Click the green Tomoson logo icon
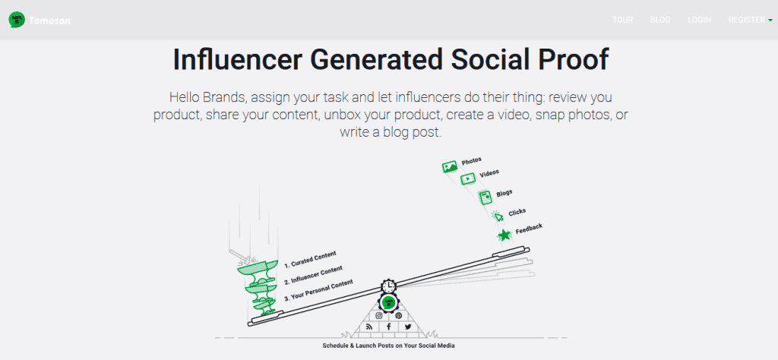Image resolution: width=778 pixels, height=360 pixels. (x=17, y=20)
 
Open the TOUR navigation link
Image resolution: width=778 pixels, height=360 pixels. (x=623, y=20)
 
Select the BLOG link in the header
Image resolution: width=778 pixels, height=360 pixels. (x=660, y=20)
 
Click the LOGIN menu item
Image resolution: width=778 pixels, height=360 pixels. (x=699, y=20)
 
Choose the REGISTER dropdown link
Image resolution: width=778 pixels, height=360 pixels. (x=750, y=20)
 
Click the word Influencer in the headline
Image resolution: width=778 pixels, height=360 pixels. (x=238, y=60)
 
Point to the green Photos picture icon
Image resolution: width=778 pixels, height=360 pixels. (x=450, y=166)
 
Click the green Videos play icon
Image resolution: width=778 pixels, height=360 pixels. (x=467, y=179)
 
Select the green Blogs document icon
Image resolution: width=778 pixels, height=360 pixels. (x=485, y=198)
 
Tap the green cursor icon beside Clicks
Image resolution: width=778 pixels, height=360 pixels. (x=498, y=216)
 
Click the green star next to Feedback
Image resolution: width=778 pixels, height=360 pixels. (x=505, y=235)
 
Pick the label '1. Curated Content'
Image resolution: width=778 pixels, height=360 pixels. (x=310, y=259)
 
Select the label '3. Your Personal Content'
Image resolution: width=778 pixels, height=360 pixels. (x=318, y=291)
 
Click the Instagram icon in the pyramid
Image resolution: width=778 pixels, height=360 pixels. (x=378, y=315)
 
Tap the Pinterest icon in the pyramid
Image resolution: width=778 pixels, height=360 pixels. (x=398, y=315)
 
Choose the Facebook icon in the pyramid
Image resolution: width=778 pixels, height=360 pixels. (x=388, y=327)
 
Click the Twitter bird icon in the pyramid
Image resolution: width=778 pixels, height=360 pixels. (x=408, y=327)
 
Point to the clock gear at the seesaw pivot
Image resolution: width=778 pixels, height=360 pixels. (x=388, y=286)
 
